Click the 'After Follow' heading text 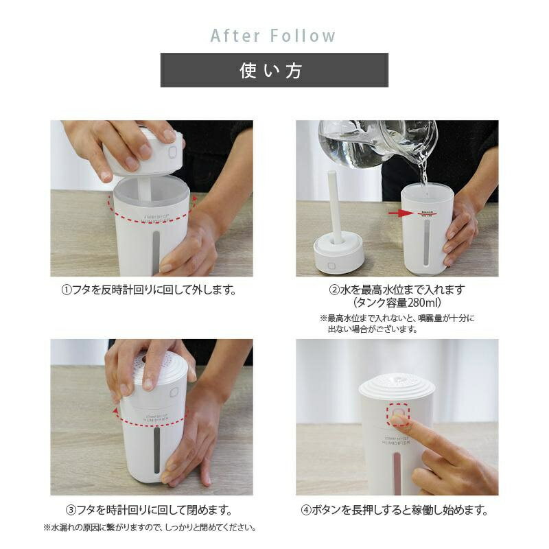tap(272, 36)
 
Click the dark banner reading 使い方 tap(274, 70)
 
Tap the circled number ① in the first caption tap(66, 290)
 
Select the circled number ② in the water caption tap(334, 290)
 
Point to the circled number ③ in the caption tap(71, 510)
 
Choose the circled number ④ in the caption tap(306, 510)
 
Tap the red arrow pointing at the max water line tap(401, 213)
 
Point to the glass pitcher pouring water tap(378, 143)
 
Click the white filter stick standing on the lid tap(335, 207)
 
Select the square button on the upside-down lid tap(330, 266)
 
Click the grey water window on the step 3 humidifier tap(157, 450)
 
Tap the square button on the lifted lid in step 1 tap(173, 152)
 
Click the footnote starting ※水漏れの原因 tap(150, 527)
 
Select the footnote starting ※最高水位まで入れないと tap(397, 323)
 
